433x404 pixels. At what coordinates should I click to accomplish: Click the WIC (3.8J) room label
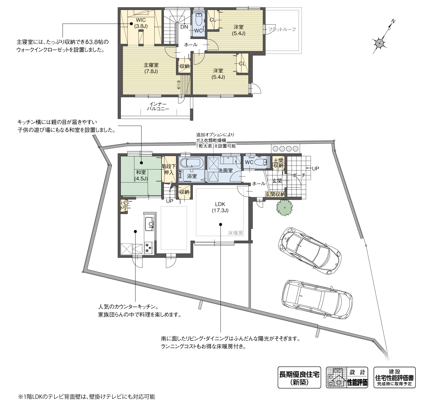point(141,23)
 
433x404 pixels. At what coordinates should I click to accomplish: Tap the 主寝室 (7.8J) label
point(151,68)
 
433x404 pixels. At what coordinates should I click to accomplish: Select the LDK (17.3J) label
point(220,207)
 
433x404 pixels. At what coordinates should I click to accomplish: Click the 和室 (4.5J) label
point(141,175)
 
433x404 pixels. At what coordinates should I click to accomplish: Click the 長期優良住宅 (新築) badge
point(299,378)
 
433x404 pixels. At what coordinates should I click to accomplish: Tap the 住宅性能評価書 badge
point(394,378)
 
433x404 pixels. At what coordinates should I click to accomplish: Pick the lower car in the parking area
point(317,299)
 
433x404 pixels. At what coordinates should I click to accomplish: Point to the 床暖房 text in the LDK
point(236,233)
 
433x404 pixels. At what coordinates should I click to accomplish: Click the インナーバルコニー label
point(158,107)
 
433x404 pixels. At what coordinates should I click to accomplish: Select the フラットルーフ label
point(282,29)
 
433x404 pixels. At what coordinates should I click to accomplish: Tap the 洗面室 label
point(225,170)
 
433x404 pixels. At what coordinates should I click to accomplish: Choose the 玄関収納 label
point(275,194)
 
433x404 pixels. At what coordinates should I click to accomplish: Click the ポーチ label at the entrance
point(298,175)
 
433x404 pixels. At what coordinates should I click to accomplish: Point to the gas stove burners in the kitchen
point(149,248)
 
